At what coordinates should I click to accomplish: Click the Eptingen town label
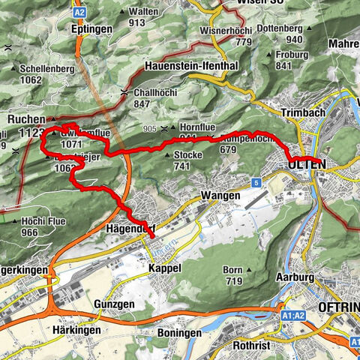[x=90, y=28]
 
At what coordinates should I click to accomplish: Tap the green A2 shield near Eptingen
[x=80, y=12]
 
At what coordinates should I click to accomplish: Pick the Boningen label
[x=180, y=332]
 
